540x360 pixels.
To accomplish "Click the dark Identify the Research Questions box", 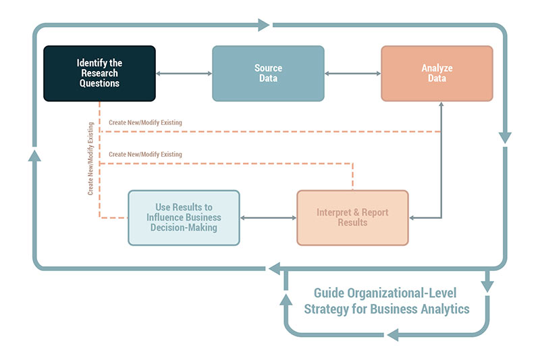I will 99,73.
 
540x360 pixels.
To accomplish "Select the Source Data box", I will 268,73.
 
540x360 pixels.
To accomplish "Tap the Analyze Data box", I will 437,73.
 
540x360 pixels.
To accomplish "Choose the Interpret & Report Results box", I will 352,217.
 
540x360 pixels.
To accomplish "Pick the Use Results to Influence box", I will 184,217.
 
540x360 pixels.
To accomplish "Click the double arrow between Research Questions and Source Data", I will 184,74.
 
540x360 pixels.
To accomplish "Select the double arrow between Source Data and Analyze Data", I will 352,74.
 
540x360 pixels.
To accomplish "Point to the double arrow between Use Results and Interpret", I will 268,217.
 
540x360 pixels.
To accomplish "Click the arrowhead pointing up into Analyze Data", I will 441,106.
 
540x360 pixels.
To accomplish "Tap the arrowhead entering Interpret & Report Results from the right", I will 413,217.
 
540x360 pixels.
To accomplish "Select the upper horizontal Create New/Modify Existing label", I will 145,122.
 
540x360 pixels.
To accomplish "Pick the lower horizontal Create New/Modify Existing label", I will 145,155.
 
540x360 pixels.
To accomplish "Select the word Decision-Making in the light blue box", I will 184,227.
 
